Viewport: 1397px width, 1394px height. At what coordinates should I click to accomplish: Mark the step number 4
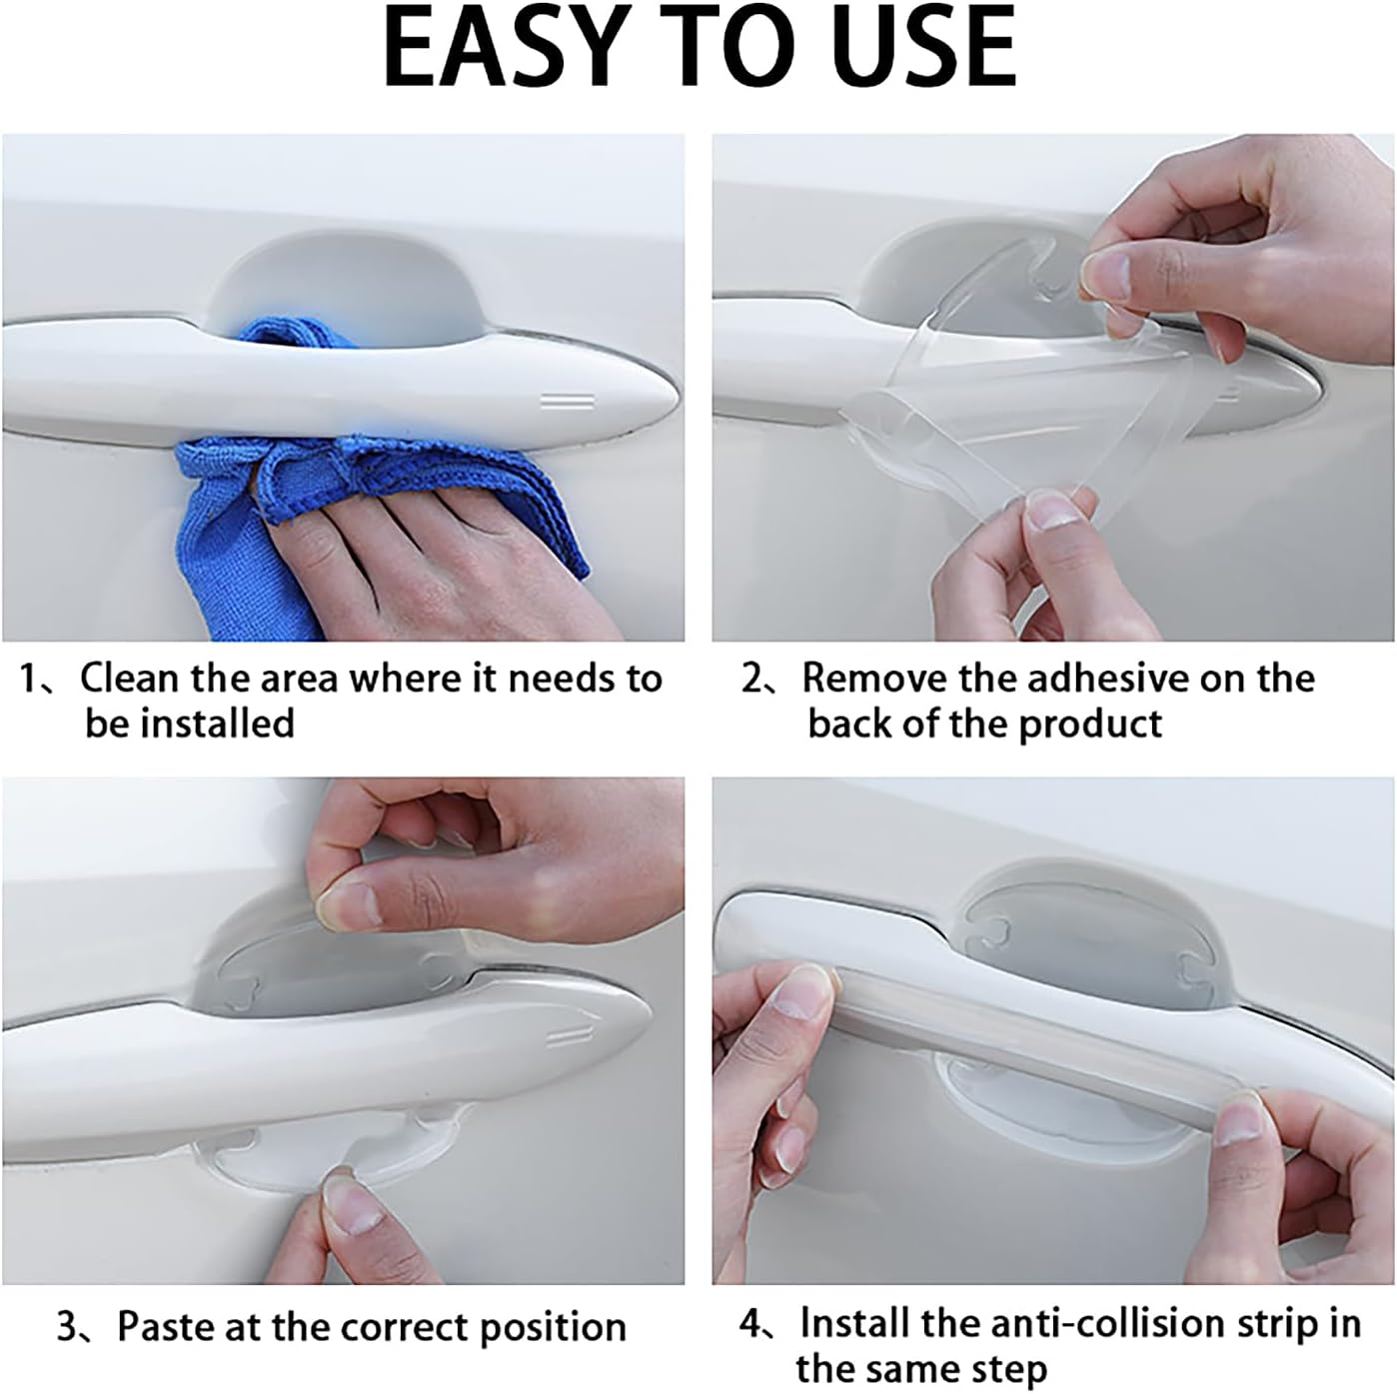[x=751, y=1325]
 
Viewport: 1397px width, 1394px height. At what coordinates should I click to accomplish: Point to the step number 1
[x=31, y=680]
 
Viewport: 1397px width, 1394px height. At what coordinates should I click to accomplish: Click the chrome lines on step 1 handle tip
[x=567, y=402]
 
